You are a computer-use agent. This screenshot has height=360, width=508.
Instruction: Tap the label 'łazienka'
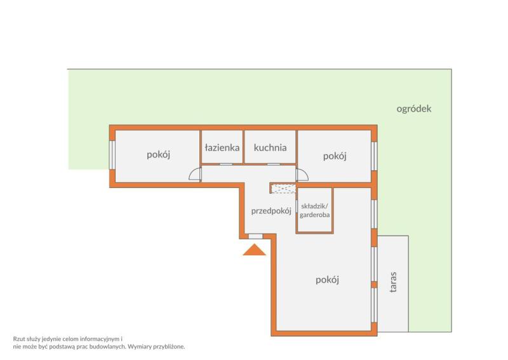click(222, 148)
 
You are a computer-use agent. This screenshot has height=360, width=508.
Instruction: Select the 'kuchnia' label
click(271, 148)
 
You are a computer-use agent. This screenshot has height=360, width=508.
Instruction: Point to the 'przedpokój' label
click(271, 211)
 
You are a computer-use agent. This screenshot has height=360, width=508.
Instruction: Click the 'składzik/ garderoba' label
click(315, 211)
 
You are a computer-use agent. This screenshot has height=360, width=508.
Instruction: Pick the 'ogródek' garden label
click(414, 109)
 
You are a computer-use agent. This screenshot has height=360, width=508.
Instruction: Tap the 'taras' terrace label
click(393, 283)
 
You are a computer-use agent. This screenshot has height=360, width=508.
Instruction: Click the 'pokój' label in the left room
click(158, 154)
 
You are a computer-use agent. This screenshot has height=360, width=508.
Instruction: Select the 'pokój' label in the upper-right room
click(335, 156)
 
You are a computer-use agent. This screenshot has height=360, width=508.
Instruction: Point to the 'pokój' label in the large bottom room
click(327, 279)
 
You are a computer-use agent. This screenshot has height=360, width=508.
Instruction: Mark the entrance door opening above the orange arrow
click(256, 237)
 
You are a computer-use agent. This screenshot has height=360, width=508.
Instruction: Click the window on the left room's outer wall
click(112, 154)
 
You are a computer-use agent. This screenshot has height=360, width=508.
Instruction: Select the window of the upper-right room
click(374, 156)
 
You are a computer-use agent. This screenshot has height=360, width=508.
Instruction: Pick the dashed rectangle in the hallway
click(283, 189)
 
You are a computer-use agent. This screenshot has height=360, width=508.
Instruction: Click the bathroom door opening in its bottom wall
click(226, 164)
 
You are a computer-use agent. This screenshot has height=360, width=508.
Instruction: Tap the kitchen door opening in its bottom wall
click(274, 164)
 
